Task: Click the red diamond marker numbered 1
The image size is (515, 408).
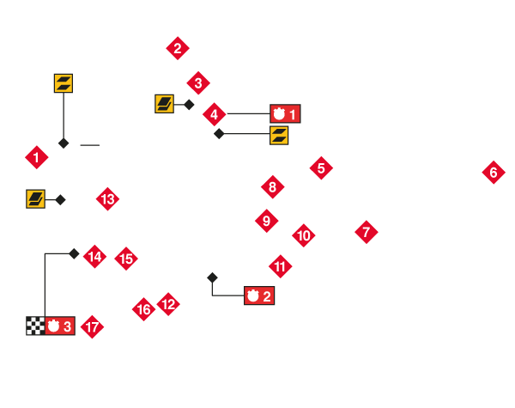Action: click(36, 157)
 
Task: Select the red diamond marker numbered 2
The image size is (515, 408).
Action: click(177, 47)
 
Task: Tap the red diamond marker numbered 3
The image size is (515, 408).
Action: click(198, 83)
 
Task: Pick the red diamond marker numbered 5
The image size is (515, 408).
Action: click(321, 167)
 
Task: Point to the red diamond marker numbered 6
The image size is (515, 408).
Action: click(493, 173)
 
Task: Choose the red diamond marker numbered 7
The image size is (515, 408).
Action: click(366, 231)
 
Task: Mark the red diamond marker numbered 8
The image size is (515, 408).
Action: click(272, 186)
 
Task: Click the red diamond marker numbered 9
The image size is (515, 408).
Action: click(266, 221)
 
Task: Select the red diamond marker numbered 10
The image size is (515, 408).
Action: click(303, 234)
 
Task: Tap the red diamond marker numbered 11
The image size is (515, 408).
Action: click(280, 266)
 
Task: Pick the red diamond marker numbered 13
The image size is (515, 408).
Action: click(107, 199)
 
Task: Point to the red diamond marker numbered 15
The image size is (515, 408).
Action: click(125, 258)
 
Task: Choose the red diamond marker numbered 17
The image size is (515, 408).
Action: click(92, 326)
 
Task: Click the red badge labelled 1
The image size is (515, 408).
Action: click(285, 113)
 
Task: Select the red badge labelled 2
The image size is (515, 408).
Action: click(259, 296)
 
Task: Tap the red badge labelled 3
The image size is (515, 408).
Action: click(60, 326)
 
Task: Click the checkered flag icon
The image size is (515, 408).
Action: click(35, 326)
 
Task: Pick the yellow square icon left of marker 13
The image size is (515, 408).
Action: click(35, 199)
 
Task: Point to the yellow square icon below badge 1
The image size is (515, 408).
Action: click(279, 135)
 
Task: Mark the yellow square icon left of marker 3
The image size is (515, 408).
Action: click(164, 104)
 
